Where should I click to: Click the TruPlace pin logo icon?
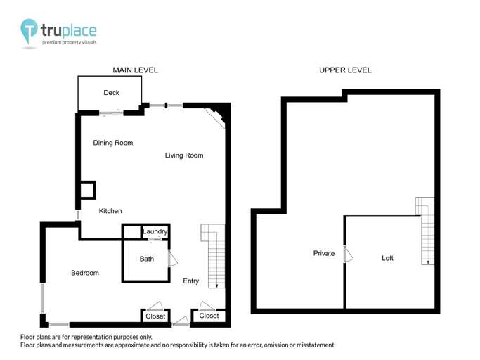tap(30, 32)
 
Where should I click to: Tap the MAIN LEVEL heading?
tap(135, 70)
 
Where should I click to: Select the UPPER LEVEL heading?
tap(345, 70)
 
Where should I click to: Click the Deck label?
tap(111, 93)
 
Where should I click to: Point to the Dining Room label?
tap(113, 143)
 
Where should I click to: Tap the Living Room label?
tap(184, 155)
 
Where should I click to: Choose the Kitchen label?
tap(110, 211)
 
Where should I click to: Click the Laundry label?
tap(155, 231)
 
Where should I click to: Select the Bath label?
tap(146, 259)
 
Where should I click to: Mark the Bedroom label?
tap(85, 273)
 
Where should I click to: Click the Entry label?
tap(190, 281)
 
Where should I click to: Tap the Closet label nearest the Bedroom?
tap(155, 316)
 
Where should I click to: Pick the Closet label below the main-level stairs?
tap(209, 316)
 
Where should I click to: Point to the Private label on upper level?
tap(324, 253)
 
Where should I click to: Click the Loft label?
tap(387, 258)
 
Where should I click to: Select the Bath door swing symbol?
tap(172, 258)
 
